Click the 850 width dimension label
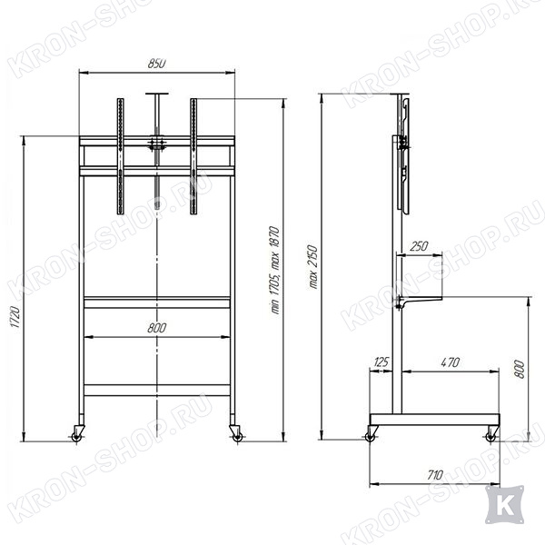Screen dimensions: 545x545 pos(157,64)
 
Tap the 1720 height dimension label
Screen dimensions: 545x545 pos(15,317)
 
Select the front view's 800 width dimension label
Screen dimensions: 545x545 pos(157,328)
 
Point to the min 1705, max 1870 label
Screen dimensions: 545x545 pos(275,270)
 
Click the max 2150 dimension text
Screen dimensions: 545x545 pos(313,266)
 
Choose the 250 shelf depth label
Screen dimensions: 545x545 pos(419,246)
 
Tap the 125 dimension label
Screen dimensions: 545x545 pos(381,362)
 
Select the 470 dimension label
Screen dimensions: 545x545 pos(451,362)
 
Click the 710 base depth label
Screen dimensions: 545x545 pos(435,475)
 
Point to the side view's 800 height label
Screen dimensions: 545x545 pos(519,370)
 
